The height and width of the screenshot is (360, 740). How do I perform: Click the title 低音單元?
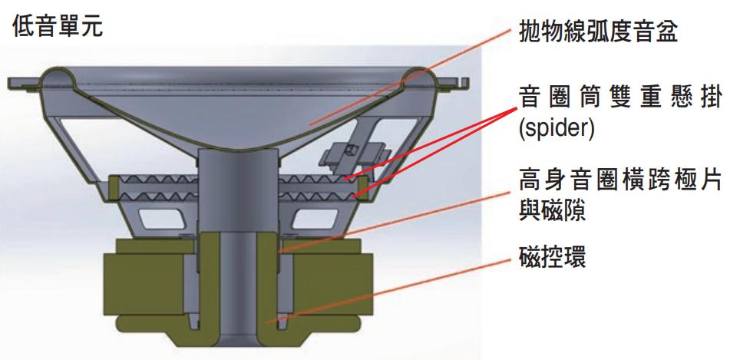click(x=57, y=25)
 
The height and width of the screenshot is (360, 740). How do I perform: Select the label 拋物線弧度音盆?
click(x=598, y=31)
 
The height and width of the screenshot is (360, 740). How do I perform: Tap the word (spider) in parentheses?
click(x=557, y=128)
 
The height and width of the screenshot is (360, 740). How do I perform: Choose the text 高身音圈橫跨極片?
click(x=620, y=180)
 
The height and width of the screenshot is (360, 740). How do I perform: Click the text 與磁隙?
click(x=552, y=210)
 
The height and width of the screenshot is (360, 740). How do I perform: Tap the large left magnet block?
click(x=144, y=284)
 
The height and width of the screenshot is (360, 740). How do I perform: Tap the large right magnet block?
click(x=332, y=284)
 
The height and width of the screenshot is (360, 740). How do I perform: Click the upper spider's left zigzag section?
click(x=159, y=180)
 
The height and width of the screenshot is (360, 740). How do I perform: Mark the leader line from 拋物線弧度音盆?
click(x=410, y=78)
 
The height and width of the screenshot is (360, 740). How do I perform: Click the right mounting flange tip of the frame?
click(x=465, y=83)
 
